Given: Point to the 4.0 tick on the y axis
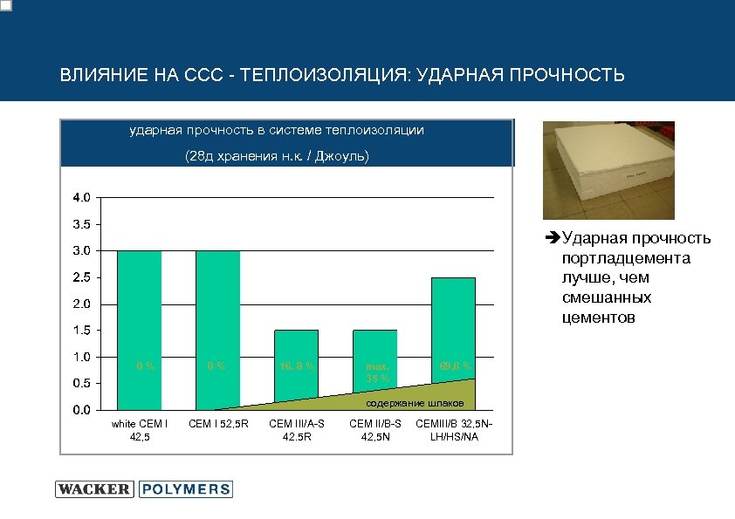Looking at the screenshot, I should point(79,197).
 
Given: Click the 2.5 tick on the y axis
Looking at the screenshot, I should point(79,277).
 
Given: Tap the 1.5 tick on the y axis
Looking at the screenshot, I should point(79,331).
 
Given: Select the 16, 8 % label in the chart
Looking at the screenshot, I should point(296,365).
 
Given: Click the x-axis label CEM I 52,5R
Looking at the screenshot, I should point(218,424).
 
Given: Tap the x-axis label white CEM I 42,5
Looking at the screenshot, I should point(140,429).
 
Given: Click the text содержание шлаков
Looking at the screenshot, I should point(408,403).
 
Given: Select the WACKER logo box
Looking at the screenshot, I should point(94,489).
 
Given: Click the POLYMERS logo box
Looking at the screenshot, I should point(184,489).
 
